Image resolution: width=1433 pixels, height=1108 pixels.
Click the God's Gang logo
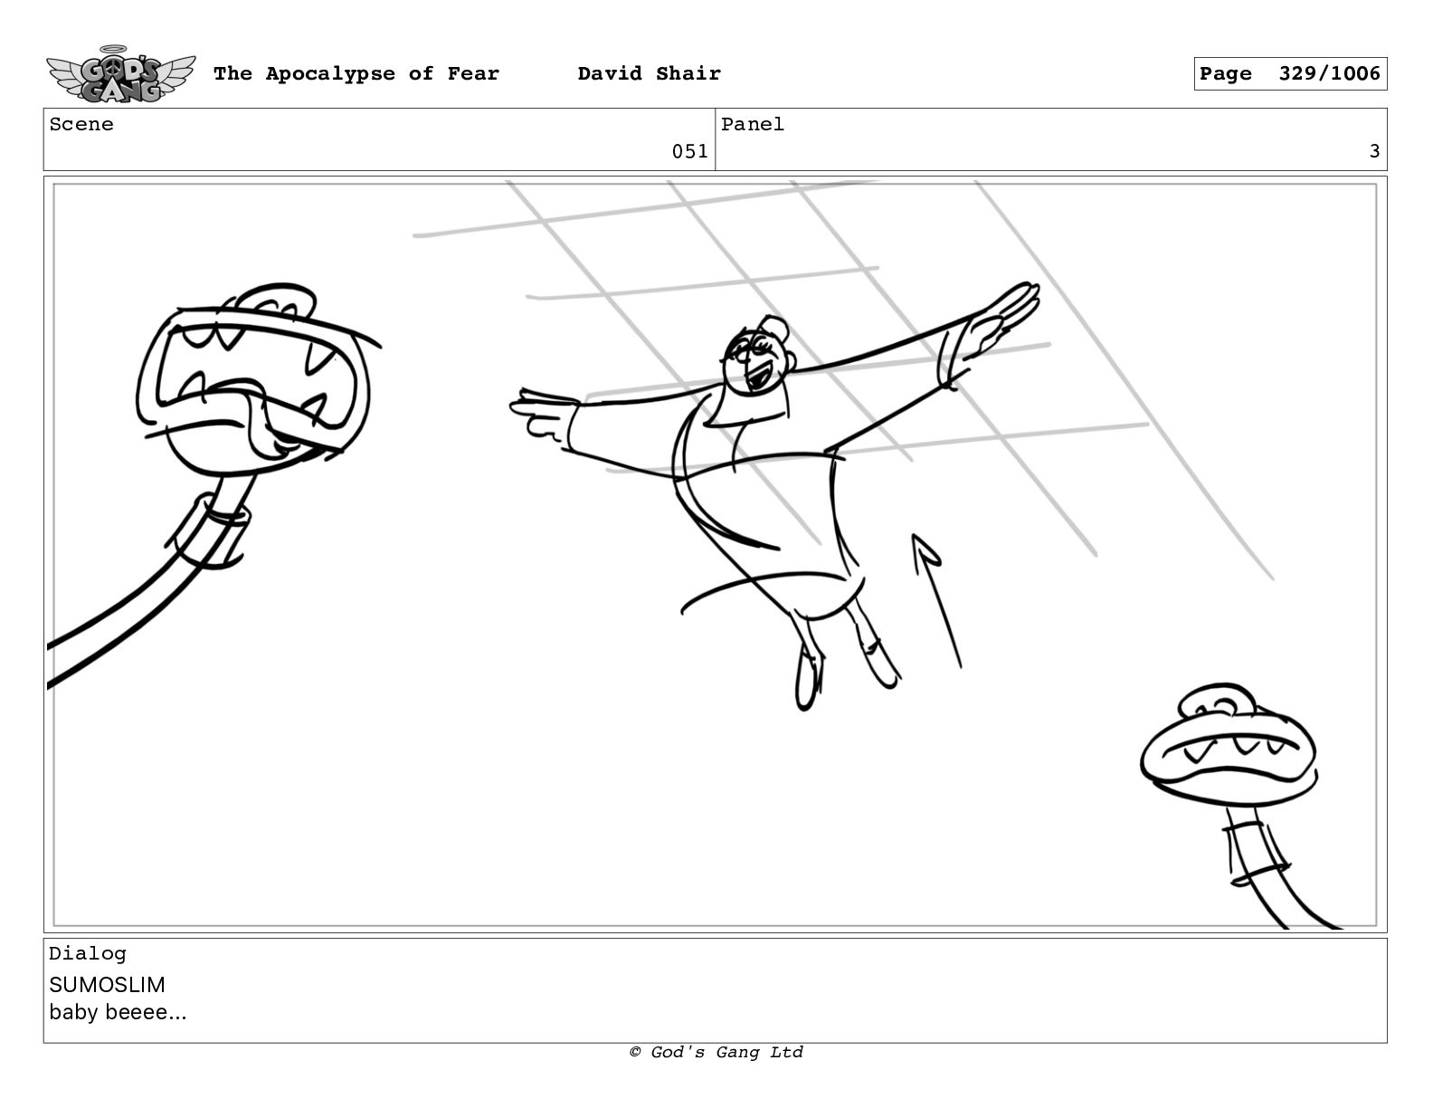click(x=120, y=74)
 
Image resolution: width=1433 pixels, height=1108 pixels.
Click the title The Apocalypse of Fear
click(x=356, y=73)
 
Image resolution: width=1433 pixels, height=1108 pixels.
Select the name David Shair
click(x=649, y=73)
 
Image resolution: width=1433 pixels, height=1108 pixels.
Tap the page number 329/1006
click(x=1329, y=73)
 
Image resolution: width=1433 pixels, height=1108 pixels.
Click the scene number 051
click(x=689, y=152)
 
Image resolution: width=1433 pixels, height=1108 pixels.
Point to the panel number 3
click(x=1374, y=152)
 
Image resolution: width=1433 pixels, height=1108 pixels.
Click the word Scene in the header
click(x=81, y=124)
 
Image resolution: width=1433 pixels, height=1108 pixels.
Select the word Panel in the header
click(x=753, y=124)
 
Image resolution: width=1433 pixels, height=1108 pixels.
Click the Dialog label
click(x=88, y=953)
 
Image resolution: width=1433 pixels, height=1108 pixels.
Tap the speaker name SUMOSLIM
click(x=107, y=985)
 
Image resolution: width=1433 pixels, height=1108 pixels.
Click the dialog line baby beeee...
click(x=118, y=1012)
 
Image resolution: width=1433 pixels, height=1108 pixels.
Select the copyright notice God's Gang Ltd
click(x=716, y=1052)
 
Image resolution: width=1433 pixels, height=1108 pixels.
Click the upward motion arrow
click(x=936, y=600)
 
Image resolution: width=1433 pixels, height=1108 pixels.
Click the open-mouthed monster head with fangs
click(x=254, y=379)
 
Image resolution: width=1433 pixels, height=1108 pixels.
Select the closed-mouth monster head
click(x=1228, y=747)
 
